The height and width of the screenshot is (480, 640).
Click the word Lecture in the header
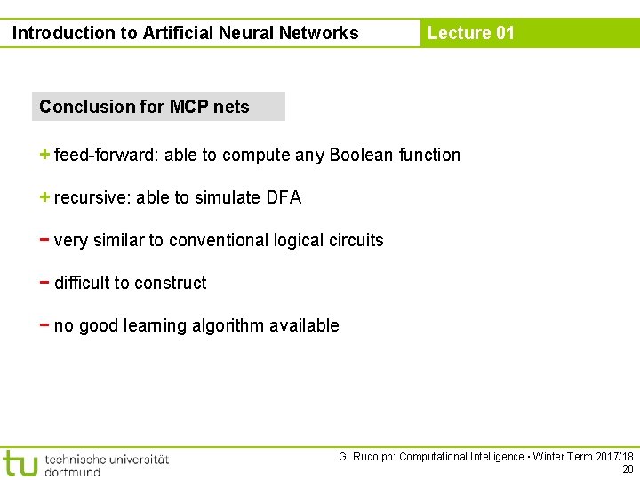click(x=459, y=33)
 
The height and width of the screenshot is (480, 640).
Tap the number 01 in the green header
click(x=505, y=33)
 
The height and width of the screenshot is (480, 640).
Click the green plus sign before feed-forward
click(x=44, y=155)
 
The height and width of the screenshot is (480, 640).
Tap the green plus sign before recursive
click(x=44, y=197)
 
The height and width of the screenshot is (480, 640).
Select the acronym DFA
click(x=284, y=197)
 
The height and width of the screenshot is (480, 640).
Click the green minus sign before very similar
click(x=44, y=239)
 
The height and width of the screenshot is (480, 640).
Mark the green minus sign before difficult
click(x=44, y=282)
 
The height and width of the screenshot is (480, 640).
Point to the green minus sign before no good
click(x=44, y=324)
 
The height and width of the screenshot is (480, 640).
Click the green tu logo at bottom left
click(x=20, y=463)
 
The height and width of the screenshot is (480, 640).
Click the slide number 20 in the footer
click(x=628, y=469)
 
